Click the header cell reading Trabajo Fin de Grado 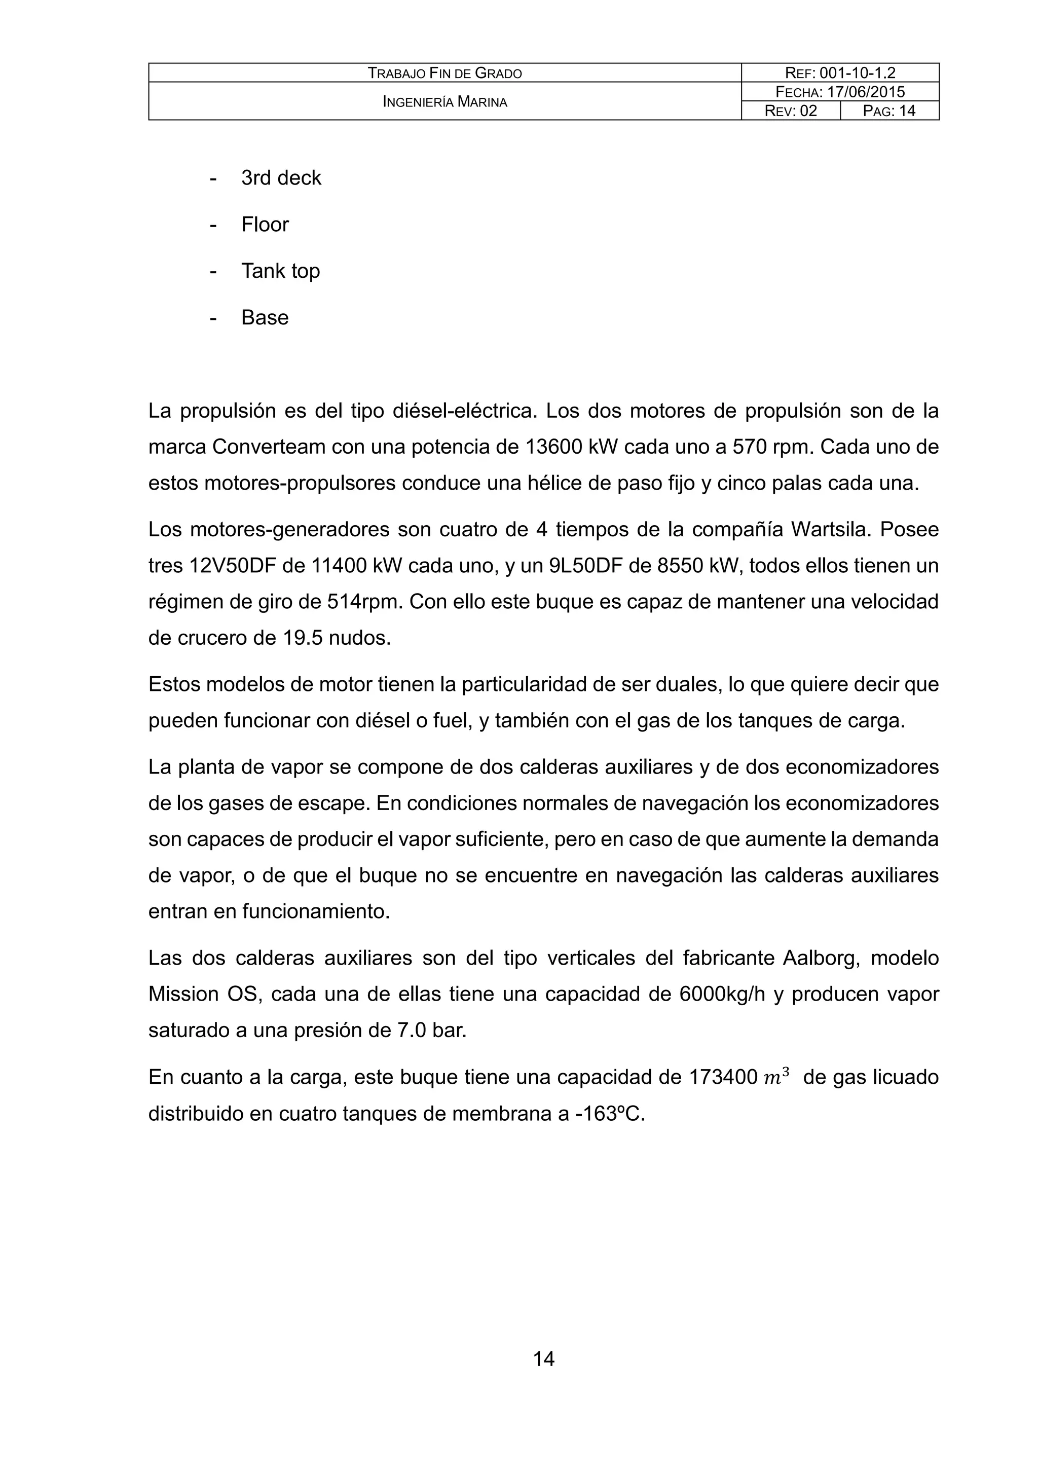(x=445, y=73)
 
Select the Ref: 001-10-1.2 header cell (x=840, y=73)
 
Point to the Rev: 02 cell (x=791, y=111)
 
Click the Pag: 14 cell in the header (x=889, y=111)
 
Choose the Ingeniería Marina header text (x=445, y=102)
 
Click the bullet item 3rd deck (x=281, y=178)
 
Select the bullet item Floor (x=265, y=225)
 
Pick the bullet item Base (x=265, y=318)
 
